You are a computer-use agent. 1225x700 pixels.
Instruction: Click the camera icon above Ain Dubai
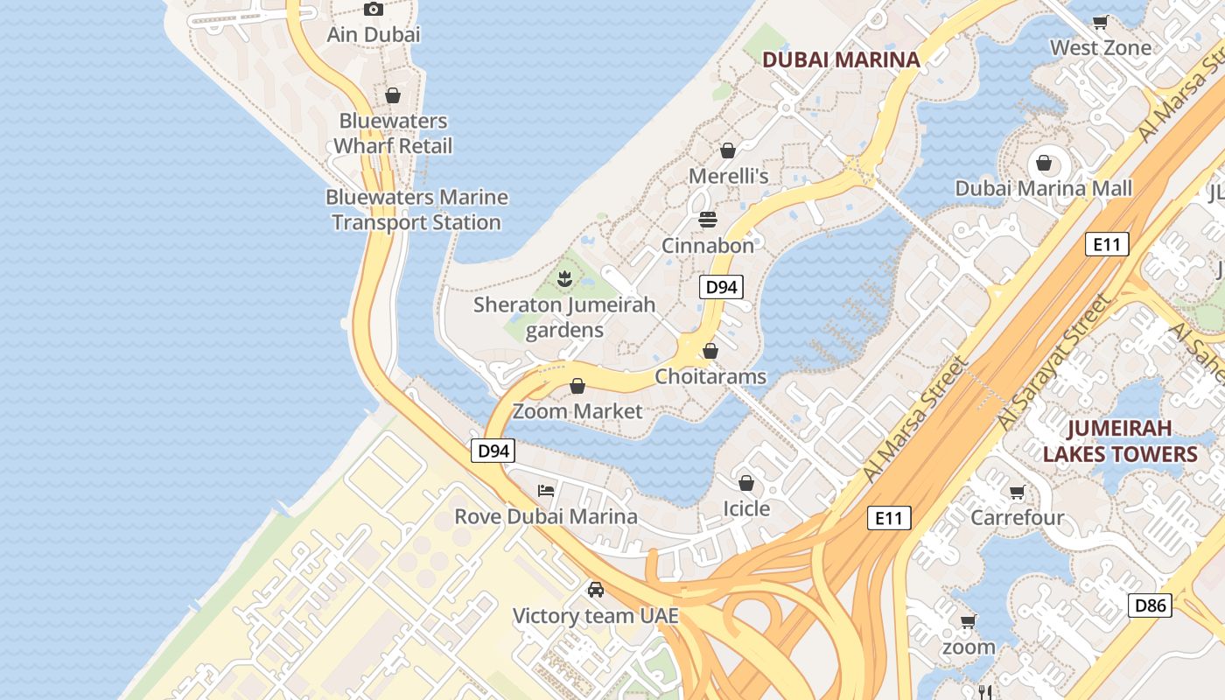374,10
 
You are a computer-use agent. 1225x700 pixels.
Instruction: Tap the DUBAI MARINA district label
841,59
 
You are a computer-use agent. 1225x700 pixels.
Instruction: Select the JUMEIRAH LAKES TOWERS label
1119,441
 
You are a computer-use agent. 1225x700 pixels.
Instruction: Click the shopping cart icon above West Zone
1100,22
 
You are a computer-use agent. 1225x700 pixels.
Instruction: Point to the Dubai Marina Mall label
1043,188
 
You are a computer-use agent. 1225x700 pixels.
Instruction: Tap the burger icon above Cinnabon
707,218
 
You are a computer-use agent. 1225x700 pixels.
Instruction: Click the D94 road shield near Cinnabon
721,287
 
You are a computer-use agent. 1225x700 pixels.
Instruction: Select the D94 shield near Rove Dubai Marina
493,451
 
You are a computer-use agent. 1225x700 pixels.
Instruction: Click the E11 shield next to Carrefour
888,518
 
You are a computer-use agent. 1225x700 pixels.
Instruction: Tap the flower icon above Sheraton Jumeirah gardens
564,279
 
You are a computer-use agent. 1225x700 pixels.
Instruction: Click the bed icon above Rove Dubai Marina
546,491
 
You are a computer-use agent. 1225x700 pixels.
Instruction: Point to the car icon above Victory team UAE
596,590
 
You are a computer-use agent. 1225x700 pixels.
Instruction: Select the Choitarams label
710,376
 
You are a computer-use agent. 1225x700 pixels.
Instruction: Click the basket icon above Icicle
746,483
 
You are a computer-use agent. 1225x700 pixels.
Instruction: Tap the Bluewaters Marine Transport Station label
416,210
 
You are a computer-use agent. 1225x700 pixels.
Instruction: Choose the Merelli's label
728,176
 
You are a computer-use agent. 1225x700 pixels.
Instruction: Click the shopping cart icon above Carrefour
1017,493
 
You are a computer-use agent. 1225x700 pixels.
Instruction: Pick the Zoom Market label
577,411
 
